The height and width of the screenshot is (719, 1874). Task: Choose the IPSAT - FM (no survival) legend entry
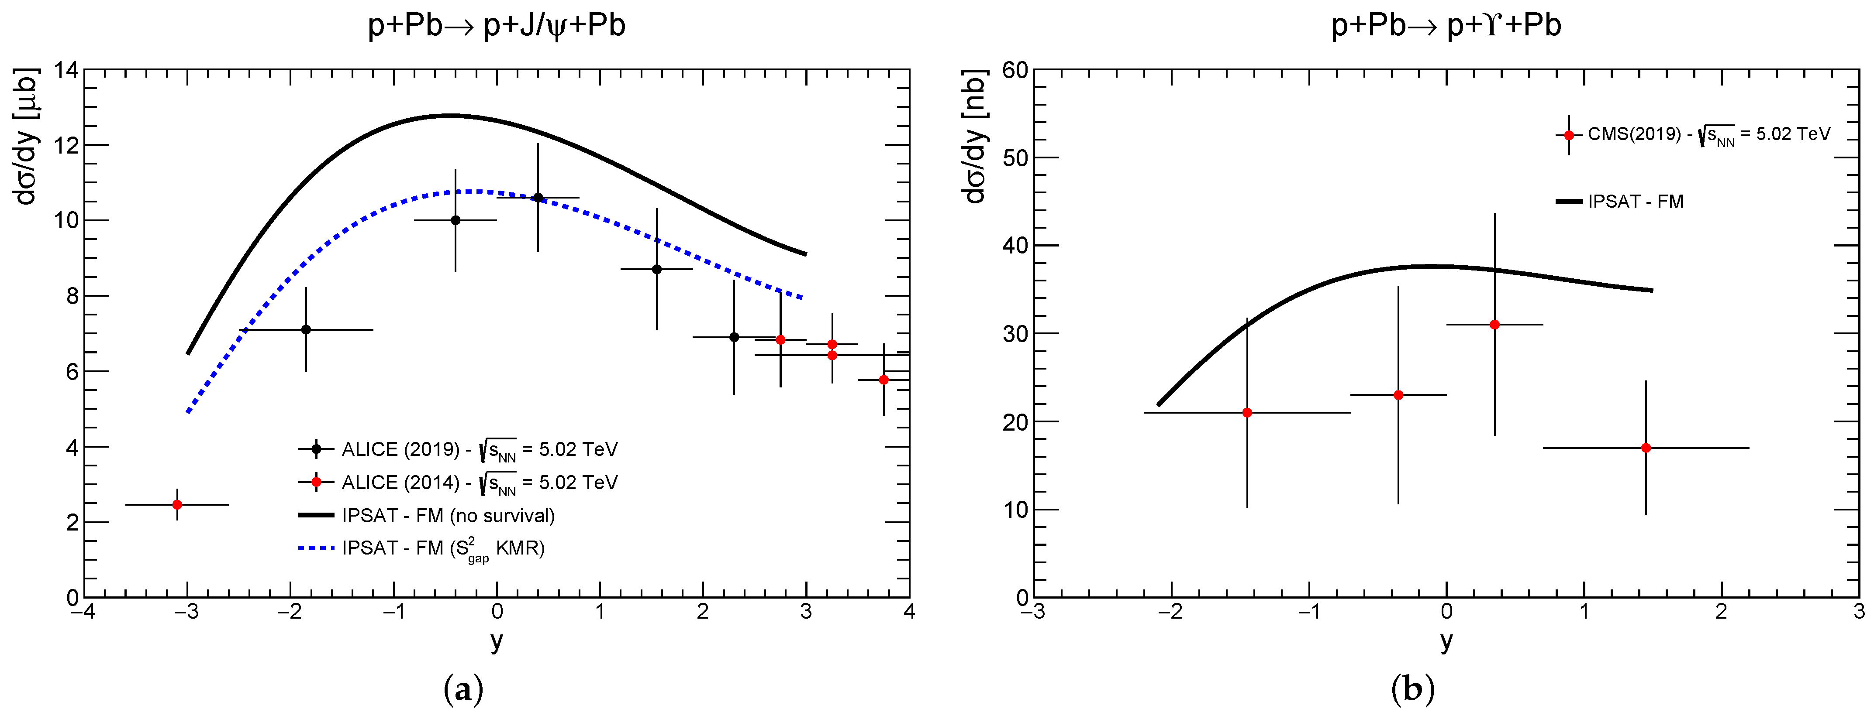447,515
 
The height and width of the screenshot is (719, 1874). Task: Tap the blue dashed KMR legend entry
442,548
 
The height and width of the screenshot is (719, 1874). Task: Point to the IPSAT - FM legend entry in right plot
1635,202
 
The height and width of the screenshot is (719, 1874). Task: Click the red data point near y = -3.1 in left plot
177,504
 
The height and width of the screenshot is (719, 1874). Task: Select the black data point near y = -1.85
306,329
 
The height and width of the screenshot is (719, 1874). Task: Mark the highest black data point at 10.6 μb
538,197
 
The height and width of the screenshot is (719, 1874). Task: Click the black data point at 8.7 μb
657,269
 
